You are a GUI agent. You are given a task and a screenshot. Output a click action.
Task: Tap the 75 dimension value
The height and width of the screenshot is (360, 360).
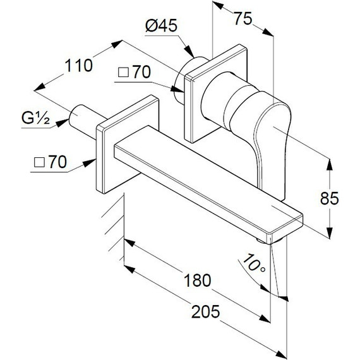tap(240, 19)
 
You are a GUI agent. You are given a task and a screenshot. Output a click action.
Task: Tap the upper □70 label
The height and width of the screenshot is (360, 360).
tap(134, 73)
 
